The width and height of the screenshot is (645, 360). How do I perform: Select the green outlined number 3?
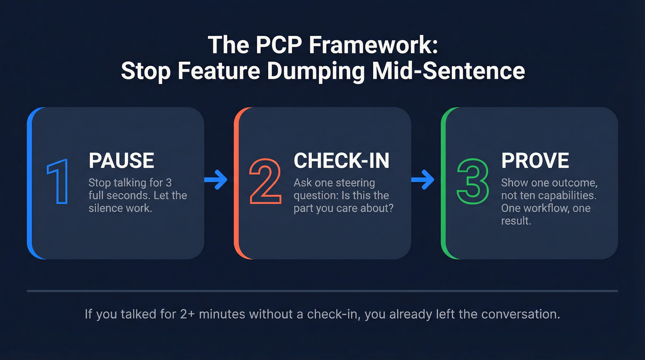click(x=472, y=181)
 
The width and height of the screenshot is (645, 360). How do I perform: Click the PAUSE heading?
click(x=121, y=160)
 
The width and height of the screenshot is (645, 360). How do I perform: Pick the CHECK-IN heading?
click(x=341, y=160)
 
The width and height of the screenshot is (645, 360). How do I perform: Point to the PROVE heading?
click(x=535, y=160)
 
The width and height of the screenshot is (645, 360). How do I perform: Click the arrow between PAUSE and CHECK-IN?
click(x=216, y=180)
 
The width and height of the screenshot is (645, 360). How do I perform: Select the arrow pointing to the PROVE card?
click(x=422, y=180)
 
